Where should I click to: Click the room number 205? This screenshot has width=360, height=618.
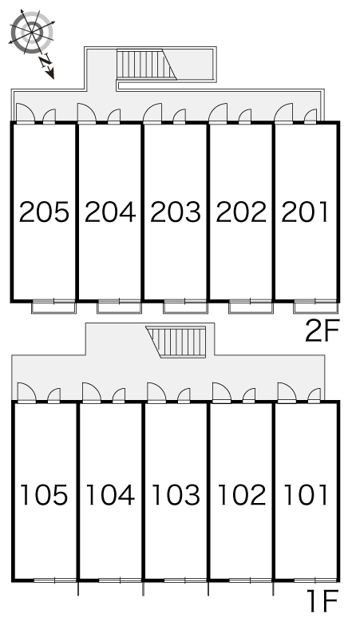click(44, 212)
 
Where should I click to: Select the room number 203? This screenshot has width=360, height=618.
click(176, 212)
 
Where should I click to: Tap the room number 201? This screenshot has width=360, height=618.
click(305, 212)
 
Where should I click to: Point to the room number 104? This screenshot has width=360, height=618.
click(110, 494)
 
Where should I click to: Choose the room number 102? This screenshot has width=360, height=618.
click(241, 494)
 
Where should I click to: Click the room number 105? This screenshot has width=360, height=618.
click(44, 494)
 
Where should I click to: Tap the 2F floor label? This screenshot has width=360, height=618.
click(322, 331)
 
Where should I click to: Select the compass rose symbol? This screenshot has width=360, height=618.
click(31, 32)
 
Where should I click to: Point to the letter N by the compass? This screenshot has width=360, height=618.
click(45, 61)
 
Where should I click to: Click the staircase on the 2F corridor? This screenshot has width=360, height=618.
click(147, 64)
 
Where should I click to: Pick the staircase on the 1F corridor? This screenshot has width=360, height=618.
click(176, 342)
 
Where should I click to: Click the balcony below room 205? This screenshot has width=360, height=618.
click(53, 307)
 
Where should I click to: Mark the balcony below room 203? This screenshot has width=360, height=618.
click(185, 307)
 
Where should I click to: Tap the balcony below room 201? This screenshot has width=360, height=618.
click(315, 307)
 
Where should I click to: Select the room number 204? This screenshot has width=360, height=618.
click(110, 212)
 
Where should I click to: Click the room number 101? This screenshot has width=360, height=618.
click(306, 494)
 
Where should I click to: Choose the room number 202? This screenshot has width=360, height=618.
click(241, 212)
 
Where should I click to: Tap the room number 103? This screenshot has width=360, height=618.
click(176, 494)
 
